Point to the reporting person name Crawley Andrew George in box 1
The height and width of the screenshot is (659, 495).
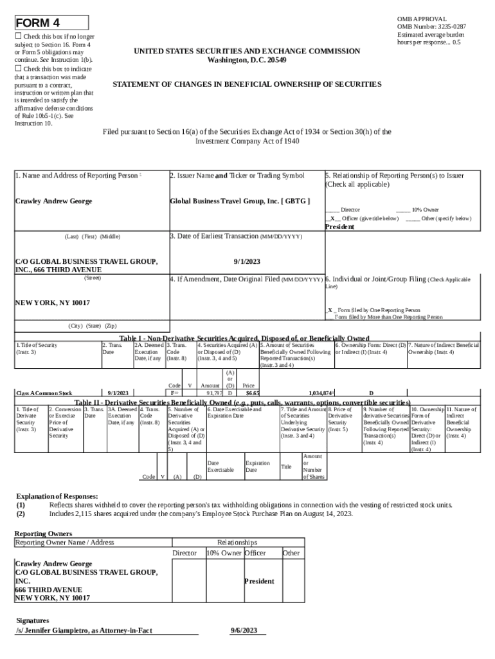pos(53,201)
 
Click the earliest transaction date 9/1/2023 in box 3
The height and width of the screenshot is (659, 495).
pos(247,262)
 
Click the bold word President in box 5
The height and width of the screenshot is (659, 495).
pos(339,227)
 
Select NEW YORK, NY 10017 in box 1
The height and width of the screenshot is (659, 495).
pos(53,302)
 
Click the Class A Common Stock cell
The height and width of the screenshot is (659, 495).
pos(44,393)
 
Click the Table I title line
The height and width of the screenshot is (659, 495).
pos(244,339)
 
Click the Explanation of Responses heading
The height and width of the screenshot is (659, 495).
pos(57,496)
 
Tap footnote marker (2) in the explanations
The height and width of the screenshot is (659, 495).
pos(21,514)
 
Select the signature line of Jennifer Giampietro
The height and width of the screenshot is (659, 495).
pos(84,630)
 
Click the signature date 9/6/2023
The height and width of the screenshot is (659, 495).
pos(244,630)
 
